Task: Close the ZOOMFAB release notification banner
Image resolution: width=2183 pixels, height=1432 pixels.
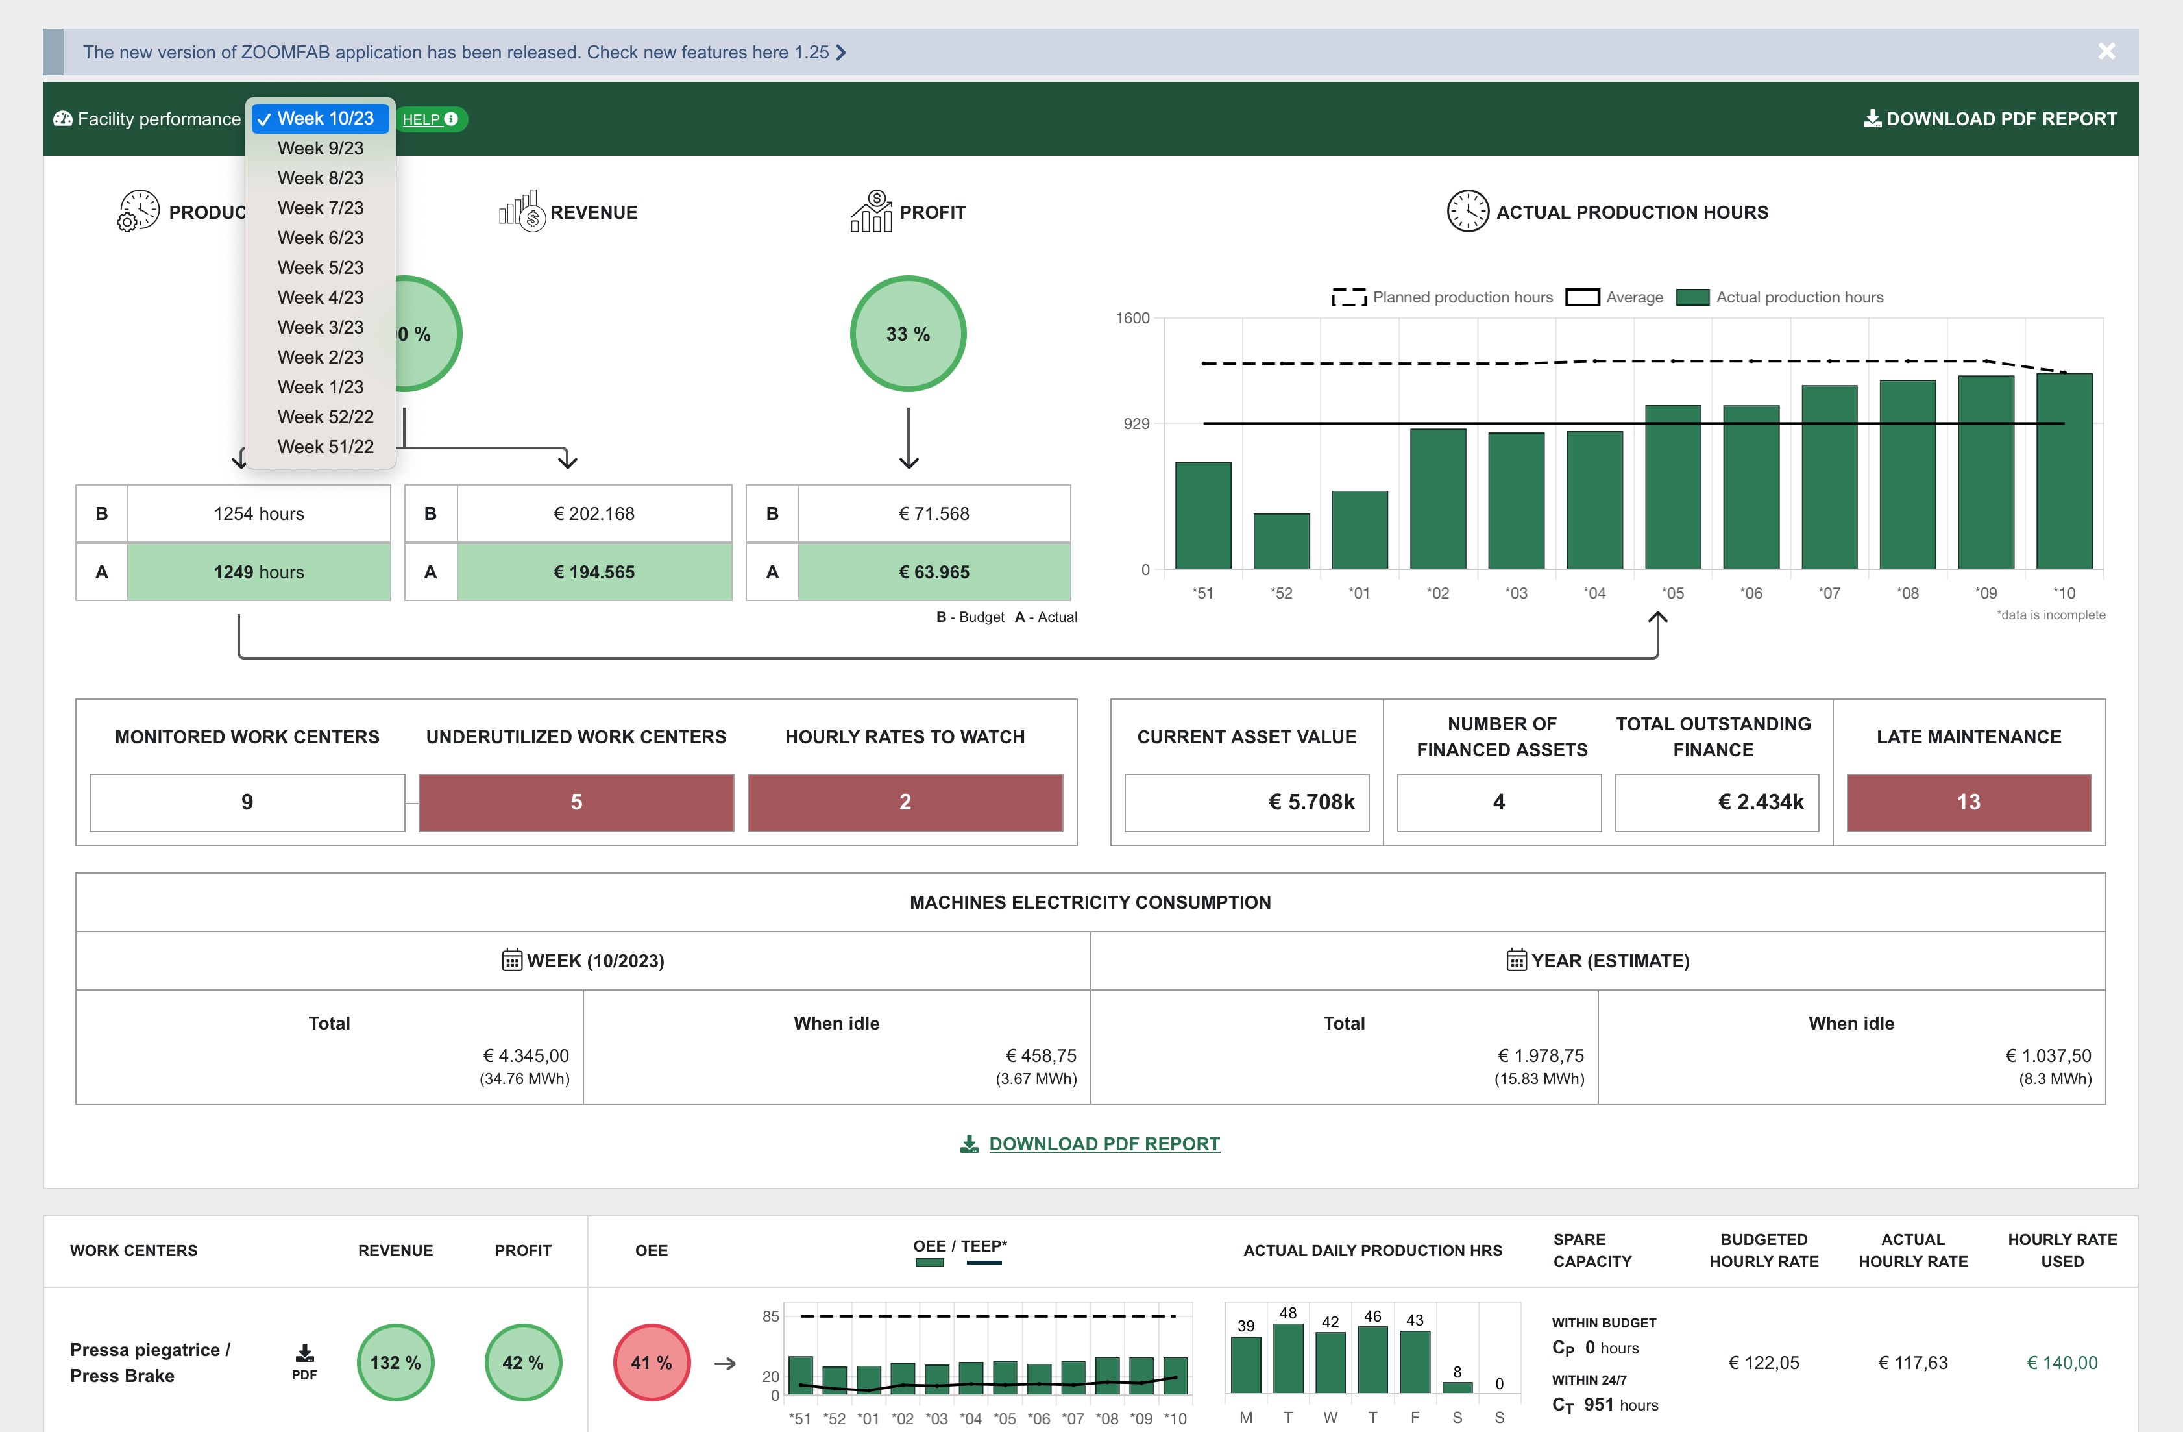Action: coord(2106,51)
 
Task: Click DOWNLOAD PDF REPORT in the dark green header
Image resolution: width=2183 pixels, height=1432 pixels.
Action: coord(1990,119)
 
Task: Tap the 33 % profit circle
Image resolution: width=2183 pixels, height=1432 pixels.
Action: coord(907,334)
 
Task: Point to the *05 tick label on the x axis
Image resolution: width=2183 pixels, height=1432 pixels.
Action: coord(1672,593)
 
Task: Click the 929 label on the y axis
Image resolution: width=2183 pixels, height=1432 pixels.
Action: coord(1136,424)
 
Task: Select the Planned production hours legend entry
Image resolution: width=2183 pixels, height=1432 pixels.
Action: coord(1442,297)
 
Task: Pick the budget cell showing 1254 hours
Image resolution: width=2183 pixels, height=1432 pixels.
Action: coord(259,513)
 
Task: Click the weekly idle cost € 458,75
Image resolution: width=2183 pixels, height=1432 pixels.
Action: coord(1040,1056)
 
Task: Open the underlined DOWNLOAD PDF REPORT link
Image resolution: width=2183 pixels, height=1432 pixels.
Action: coord(1103,1144)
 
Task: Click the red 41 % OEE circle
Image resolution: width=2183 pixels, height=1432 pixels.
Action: coord(652,1363)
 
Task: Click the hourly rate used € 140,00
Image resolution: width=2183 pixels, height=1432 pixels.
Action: coord(2061,1363)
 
